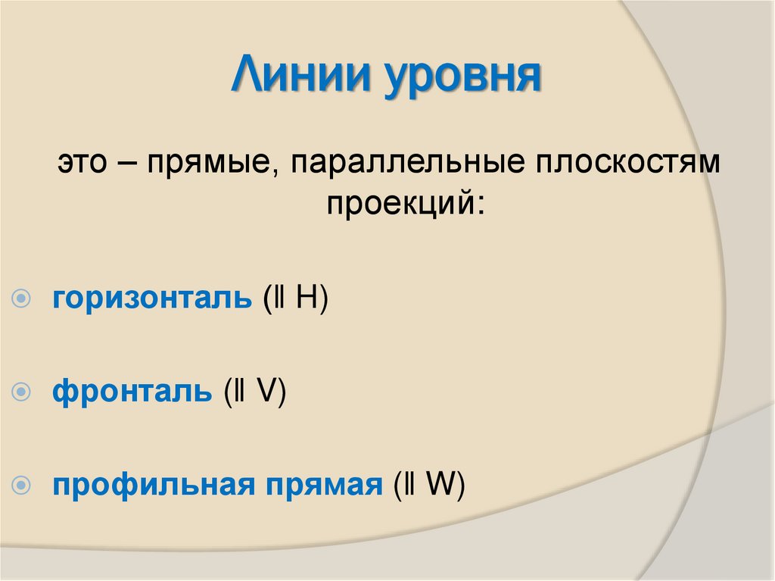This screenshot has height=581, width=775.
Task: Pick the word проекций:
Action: click(404, 203)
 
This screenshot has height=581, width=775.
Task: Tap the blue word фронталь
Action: click(132, 392)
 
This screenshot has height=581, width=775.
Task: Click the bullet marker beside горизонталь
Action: click(23, 299)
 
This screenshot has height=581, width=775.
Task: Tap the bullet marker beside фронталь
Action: click(23, 392)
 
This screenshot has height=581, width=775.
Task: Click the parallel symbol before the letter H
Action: click(280, 298)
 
